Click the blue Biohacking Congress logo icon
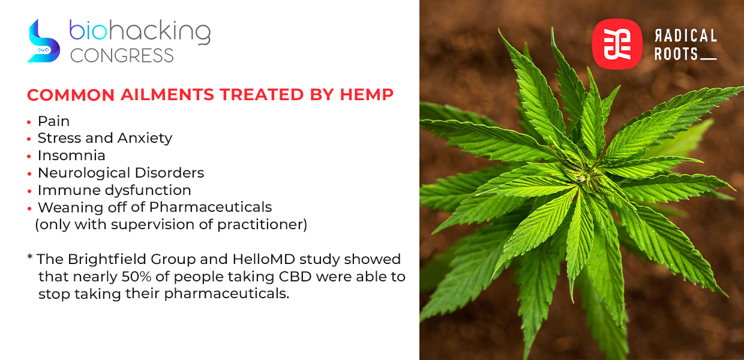(43, 41)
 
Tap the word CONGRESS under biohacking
(122, 55)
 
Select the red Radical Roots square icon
(617, 44)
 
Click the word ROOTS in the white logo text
(676, 54)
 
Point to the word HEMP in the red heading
(367, 95)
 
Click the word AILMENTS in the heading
(167, 95)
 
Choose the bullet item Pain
(53, 121)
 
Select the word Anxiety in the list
(145, 139)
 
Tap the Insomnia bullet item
(71, 155)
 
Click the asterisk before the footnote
(30, 257)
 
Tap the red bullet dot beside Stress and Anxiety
(29, 139)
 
